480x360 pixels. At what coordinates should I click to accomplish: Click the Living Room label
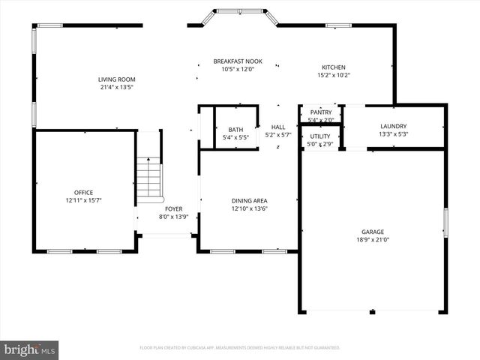pos(117,79)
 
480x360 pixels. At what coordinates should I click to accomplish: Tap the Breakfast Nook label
pos(238,61)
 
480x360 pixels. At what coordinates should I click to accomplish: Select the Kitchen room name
pos(334,67)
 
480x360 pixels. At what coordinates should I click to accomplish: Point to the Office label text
pos(83,193)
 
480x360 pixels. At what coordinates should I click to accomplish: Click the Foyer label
pos(163,208)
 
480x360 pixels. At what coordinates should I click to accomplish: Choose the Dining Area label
pos(250,200)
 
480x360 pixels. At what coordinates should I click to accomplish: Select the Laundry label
pos(394,126)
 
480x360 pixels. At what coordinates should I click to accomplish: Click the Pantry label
pos(321,112)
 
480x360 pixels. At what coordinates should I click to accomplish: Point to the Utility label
pos(321,136)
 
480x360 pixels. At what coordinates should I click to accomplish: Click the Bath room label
pos(235,130)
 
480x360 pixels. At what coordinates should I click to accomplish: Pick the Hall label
pos(278,127)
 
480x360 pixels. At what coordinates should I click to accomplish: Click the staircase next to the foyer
pos(149,181)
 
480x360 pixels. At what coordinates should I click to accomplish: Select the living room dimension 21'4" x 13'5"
pos(117,87)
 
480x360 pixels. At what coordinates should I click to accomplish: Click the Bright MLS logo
pos(30,349)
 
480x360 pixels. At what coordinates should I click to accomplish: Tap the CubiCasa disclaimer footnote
pos(240,348)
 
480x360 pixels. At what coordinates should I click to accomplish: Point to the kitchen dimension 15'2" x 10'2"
pos(334,75)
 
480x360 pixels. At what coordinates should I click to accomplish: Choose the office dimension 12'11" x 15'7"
pos(83,201)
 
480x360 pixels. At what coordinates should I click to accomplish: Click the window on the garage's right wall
pos(445,223)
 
